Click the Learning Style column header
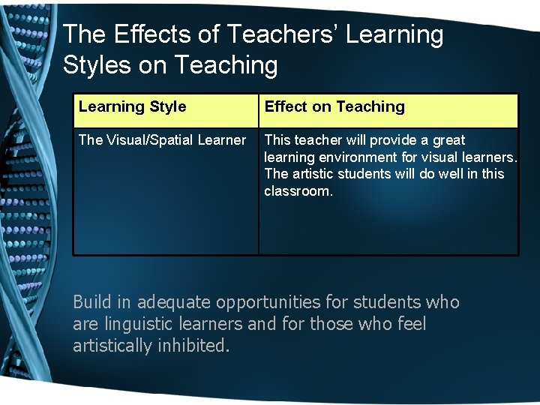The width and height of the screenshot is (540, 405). click(x=132, y=106)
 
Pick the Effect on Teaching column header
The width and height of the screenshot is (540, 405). click(x=334, y=106)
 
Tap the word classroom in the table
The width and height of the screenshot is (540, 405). click(x=297, y=191)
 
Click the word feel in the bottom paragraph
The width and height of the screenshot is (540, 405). click(x=412, y=324)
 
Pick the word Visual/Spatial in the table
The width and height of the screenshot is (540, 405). click(x=147, y=140)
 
